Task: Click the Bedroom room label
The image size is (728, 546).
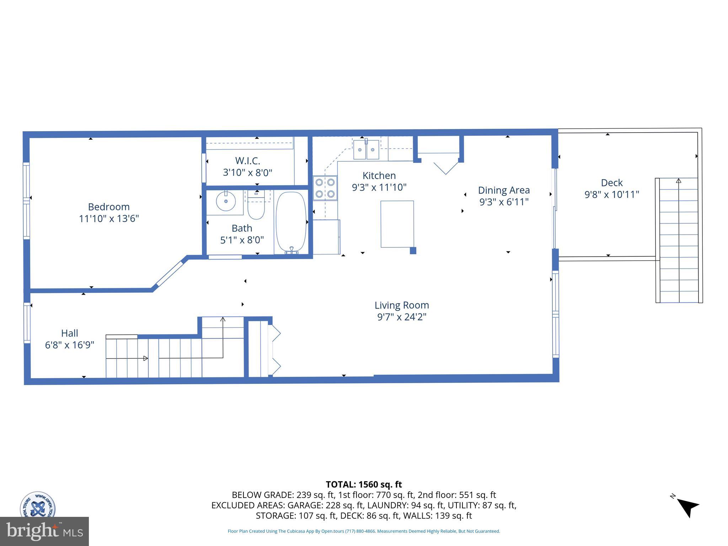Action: click(x=109, y=207)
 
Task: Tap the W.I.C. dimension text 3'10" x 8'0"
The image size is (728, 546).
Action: click(x=247, y=173)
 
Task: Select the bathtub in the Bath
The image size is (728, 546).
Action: click(x=291, y=222)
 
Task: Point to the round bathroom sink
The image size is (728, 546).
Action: click(x=226, y=201)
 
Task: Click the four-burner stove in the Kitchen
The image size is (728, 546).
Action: click(x=325, y=188)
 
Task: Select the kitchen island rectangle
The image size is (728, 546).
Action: click(x=397, y=224)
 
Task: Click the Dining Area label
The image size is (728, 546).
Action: click(x=504, y=190)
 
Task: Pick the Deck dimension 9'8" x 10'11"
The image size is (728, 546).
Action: click(x=612, y=194)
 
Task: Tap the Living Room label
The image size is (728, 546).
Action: click(x=402, y=305)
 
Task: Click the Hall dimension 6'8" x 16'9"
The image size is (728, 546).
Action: click(x=70, y=345)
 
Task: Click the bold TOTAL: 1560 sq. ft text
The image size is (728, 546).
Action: click(x=364, y=485)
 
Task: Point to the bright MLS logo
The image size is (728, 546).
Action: click(x=44, y=531)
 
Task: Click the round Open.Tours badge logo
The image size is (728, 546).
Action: click(x=37, y=504)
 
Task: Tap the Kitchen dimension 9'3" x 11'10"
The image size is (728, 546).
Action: click(x=379, y=187)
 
